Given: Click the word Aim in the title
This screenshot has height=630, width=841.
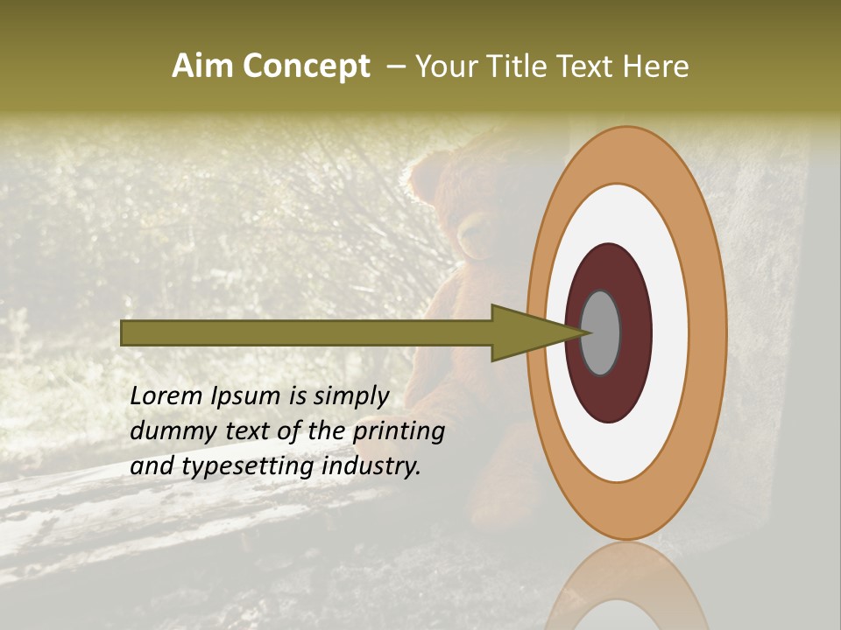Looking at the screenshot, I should [202, 66].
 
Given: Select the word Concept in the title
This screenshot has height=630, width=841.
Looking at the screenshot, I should [307, 66].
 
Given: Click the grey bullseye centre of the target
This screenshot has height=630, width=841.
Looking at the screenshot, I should [601, 332].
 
